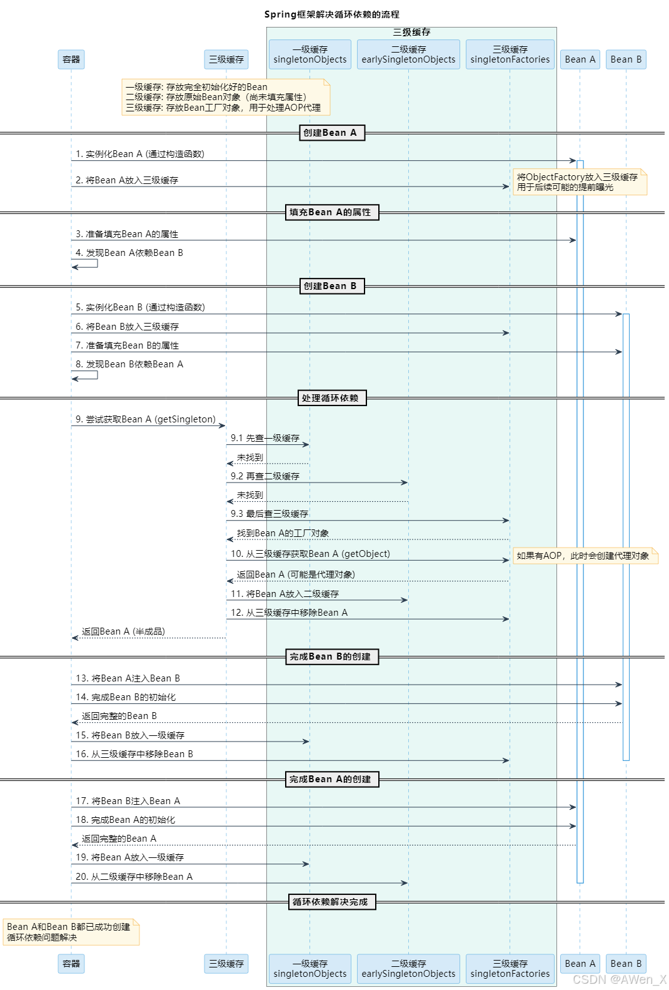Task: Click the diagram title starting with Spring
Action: (x=331, y=14)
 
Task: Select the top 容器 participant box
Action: (x=71, y=59)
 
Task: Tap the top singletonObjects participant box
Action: (x=310, y=54)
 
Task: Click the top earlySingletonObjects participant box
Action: (x=408, y=54)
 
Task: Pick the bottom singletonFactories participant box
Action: (x=510, y=968)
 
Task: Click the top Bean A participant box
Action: (x=580, y=59)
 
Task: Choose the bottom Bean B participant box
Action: (x=626, y=964)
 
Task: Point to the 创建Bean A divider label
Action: (x=331, y=133)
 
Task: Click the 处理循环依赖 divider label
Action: (x=331, y=398)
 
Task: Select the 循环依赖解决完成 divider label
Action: (x=331, y=902)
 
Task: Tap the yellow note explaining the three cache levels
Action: (x=225, y=97)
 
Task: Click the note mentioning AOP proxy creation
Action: (x=585, y=556)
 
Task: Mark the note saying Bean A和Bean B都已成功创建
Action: (x=71, y=932)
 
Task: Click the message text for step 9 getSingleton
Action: (x=145, y=419)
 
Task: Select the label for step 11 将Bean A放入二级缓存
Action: (x=285, y=594)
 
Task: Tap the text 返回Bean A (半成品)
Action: (x=123, y=631)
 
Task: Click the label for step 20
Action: (x=134, y=877)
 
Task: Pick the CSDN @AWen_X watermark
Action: (x=619, y=979)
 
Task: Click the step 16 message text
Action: (x=134, y=754)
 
